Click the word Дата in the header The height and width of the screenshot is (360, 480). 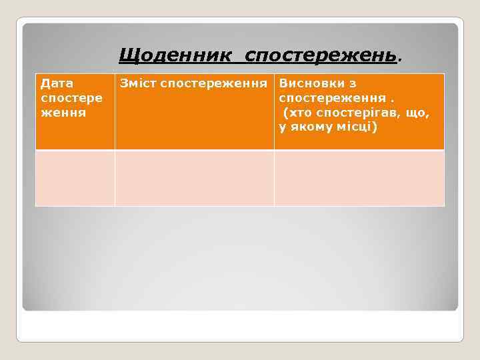[57, 83]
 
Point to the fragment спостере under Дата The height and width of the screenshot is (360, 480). [71, 98]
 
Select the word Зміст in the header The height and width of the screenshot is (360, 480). [138, 83]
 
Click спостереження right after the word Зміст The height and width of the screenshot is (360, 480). [217, 83]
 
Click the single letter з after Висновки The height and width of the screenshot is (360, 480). [353, 83]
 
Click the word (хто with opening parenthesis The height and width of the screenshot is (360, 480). [297, 113]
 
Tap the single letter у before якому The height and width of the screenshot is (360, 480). [282, 127]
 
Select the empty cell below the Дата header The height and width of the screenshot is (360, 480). [75, 178]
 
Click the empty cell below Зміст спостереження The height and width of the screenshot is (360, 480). [194, 178]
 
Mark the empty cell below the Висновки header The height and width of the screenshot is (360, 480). [359, 178]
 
